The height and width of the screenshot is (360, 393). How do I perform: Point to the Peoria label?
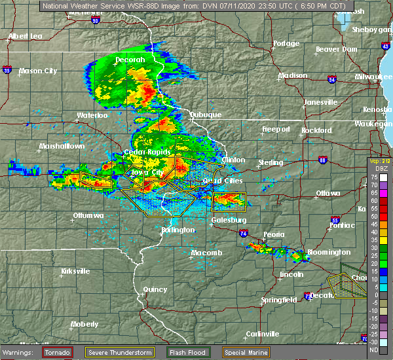[x=274, y=234]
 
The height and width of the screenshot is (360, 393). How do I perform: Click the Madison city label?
[x=292, y=76]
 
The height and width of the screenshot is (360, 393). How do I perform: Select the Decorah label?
[x=130, y=60]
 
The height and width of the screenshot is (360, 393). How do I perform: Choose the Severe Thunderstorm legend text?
[x=121, y=352]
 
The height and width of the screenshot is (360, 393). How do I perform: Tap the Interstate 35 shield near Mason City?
[x=5, y=67]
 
